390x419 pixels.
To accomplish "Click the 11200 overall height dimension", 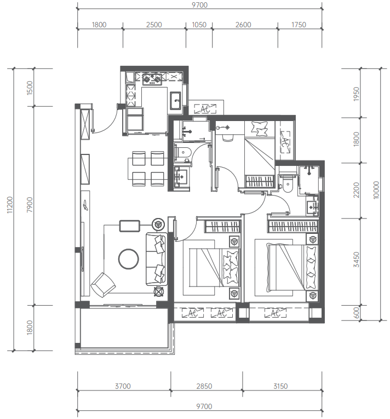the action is [x=10, y=205].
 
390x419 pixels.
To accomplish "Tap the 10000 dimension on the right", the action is [x=376, y=190].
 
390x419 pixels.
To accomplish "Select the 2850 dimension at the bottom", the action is [x=204, y=386].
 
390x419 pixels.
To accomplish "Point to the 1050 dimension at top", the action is [x=199, y=25].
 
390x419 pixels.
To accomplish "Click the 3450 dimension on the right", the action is [x=356, y=260].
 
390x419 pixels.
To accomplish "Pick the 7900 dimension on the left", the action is [x=30, y=205].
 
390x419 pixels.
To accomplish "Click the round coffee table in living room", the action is [x=129, y=259].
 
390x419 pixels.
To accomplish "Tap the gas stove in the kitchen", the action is [x=152, y=79].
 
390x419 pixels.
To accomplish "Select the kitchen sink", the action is [x=175, y=100].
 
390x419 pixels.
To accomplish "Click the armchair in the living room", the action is [x=103, y=285].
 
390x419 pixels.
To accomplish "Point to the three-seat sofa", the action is [x=157, y=259].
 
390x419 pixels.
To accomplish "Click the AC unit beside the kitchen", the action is [x=205, y=109].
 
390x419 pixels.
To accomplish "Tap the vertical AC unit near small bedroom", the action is [x=285, y=142].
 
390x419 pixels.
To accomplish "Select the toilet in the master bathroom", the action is [x=288, y=186].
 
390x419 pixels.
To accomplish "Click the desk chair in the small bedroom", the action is [x=228, y=137].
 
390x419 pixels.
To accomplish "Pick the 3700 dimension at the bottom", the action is [x=123, y=386].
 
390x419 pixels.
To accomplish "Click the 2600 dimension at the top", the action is [x=243, y=25].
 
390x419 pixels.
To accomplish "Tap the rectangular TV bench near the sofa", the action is [x=130, y=226].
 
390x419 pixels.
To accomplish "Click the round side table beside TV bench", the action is [x=158, y=224].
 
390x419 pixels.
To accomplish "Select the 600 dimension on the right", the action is [x=357, y=313].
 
